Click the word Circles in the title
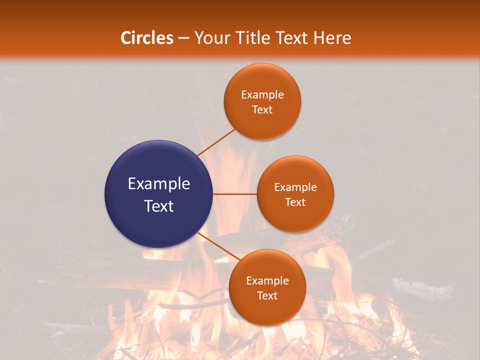tap(147, 38)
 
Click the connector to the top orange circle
tap(216, 142)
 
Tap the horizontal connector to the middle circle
tap(235, 194)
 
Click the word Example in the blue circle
tap(159, 184)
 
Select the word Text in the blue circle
tap(159, 206)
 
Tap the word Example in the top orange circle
tap(262, 95)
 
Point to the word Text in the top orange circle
tap(262, 110)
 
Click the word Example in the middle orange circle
tap(295, 187)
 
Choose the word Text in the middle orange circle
tap(295, 202)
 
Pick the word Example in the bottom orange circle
tap(267, 281)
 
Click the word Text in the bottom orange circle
tap(267, 296)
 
